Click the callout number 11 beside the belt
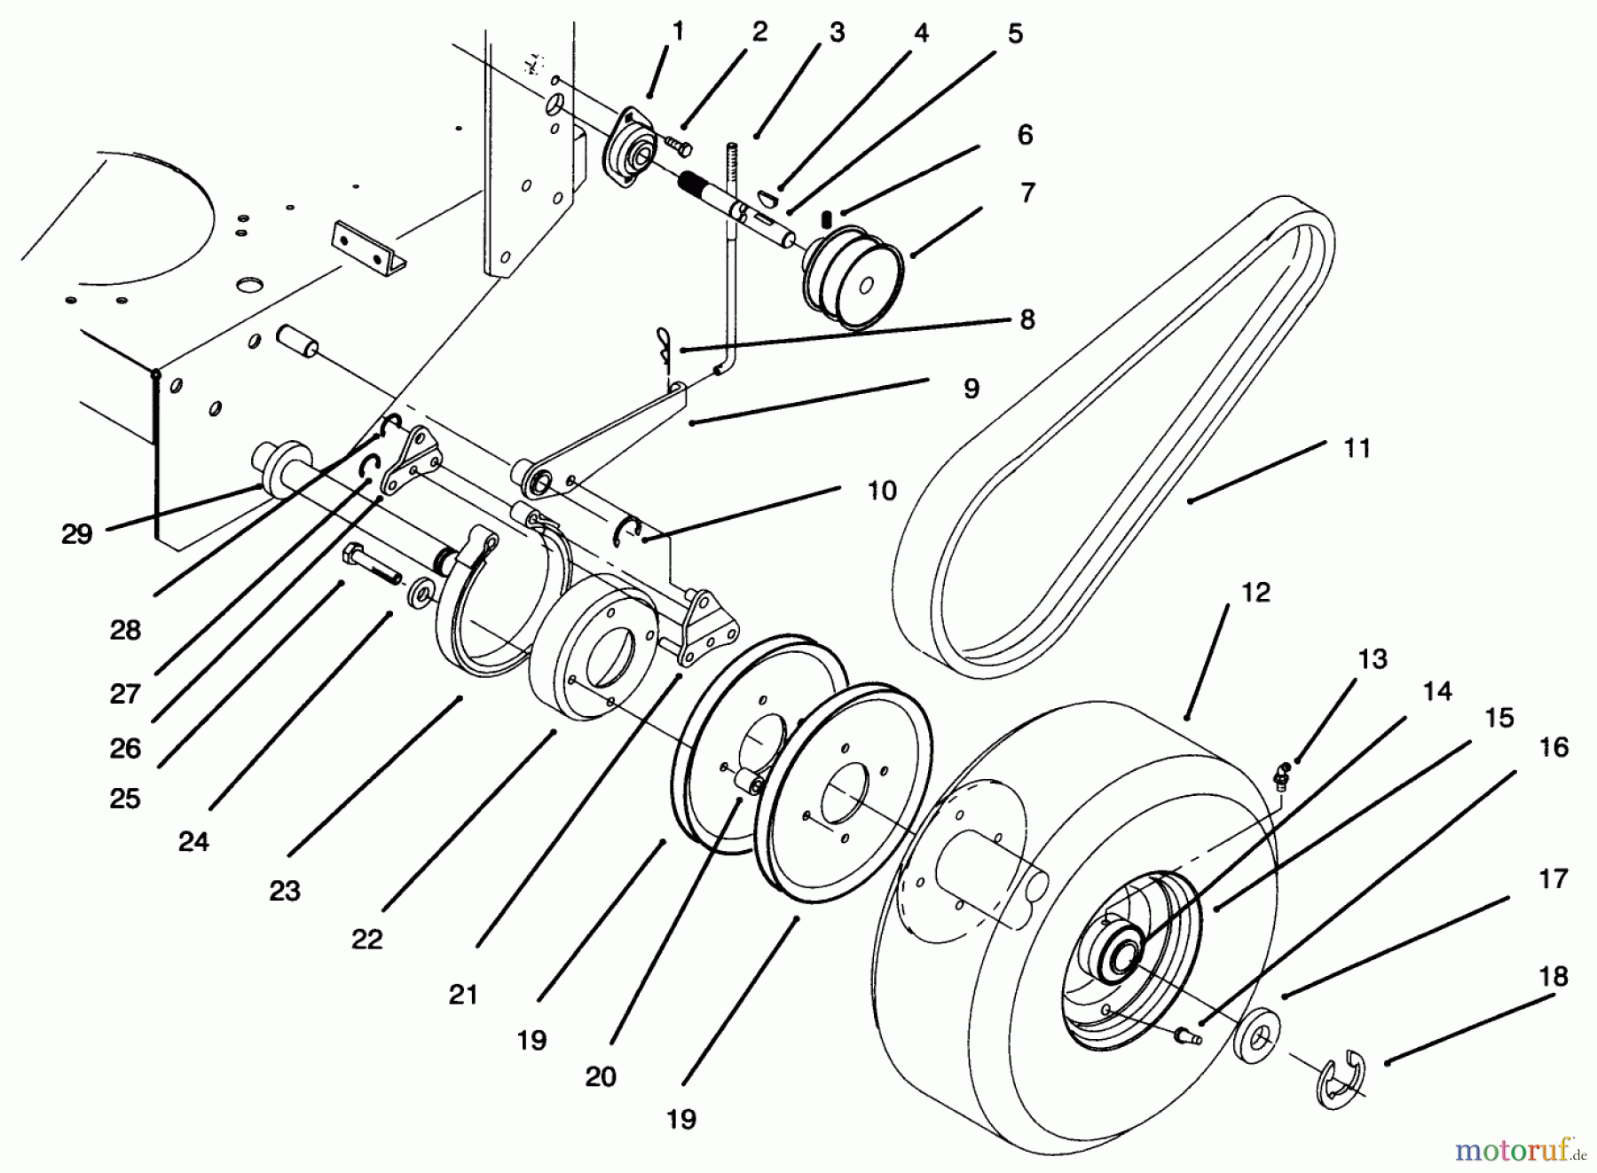tap(1357, 448)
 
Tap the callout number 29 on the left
tap(76, 534)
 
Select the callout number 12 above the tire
tap(1255, 592)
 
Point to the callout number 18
tap(1553, 977)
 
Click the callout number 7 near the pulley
tap(1027, 192)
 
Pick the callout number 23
tap(285, 891)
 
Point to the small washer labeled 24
tap(419, 592)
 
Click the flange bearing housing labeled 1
tap(632, 152)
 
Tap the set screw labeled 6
tap(826, 217)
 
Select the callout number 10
tap(881, 491)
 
